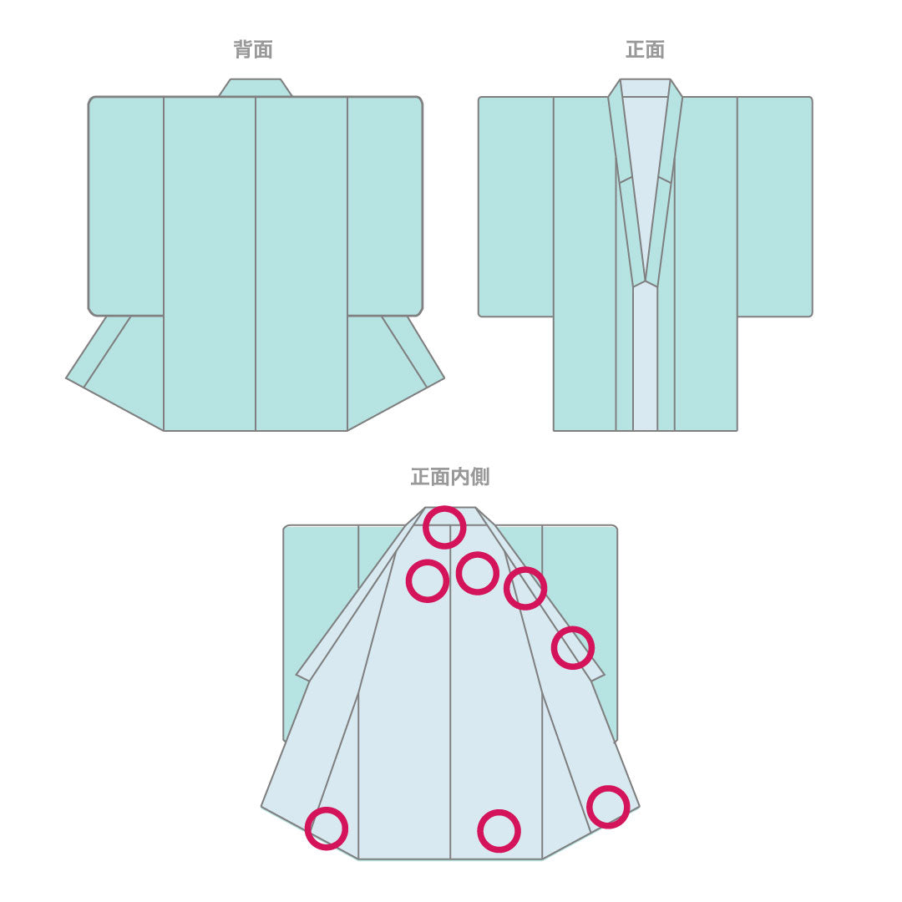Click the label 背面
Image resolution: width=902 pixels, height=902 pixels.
point(253,50)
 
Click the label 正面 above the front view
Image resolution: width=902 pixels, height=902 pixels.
point(645,50)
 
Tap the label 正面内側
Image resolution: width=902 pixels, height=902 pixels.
point(450,477)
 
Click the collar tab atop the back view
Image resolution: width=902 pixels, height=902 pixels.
point(255,88)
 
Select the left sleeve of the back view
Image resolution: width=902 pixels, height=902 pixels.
point(126,206)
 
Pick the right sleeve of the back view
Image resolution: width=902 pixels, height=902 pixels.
point(385,206)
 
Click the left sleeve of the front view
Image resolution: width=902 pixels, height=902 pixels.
point(516,206)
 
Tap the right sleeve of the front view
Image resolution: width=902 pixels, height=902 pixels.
point(775,206)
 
